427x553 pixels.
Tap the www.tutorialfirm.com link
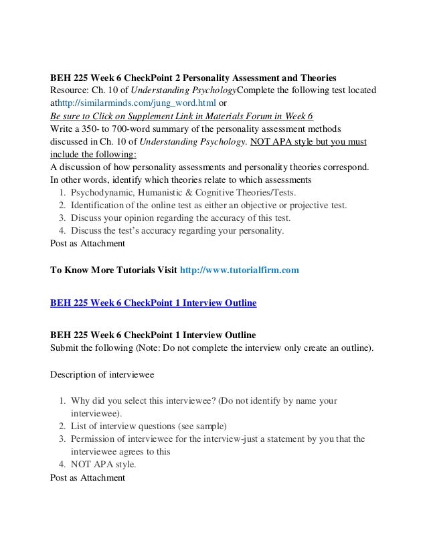coord(238,270)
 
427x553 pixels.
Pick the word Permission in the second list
coord(96,439)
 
